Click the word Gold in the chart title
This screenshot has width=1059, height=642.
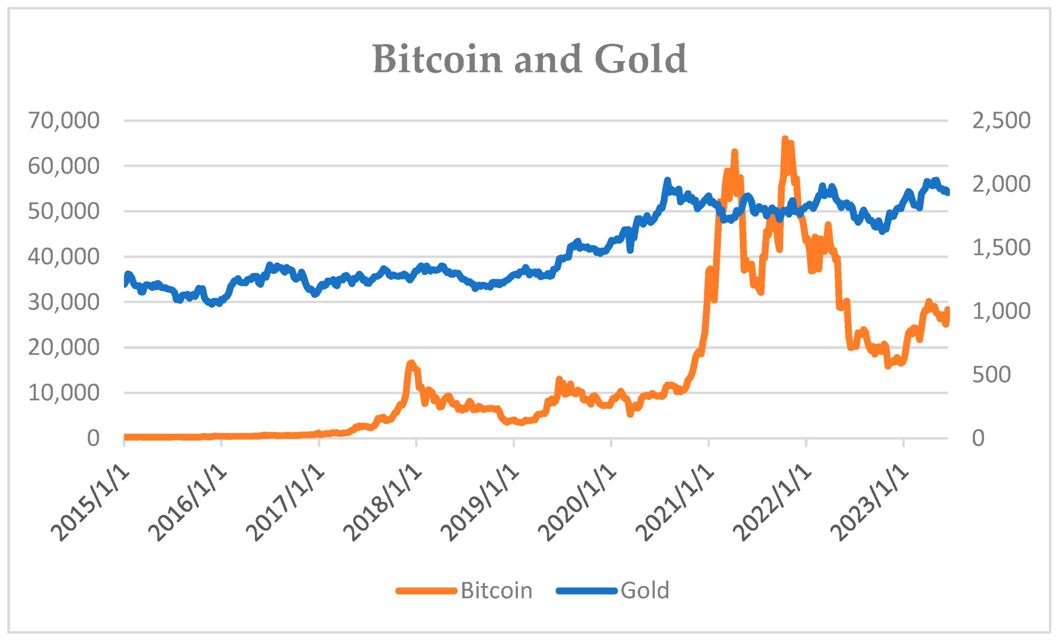tap(641, 59)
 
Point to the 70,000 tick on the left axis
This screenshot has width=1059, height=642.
tap(64, 121)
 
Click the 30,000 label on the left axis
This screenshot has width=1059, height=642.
tap(64, 302)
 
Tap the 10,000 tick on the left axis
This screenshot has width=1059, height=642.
tap(64, 393)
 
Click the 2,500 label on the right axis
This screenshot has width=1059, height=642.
tap(1001, 121)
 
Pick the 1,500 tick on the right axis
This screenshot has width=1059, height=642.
tap(1001, 248)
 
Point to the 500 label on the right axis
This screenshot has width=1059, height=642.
tap(991, 374)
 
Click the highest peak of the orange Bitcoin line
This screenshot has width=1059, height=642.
tap(785, 139)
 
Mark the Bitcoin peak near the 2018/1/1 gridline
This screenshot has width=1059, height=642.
tap(411, 363)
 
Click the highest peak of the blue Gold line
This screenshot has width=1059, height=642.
tap(667, 180)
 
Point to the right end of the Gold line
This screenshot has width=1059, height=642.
tap(947, 192)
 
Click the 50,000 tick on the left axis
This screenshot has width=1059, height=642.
tap(64, 211)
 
